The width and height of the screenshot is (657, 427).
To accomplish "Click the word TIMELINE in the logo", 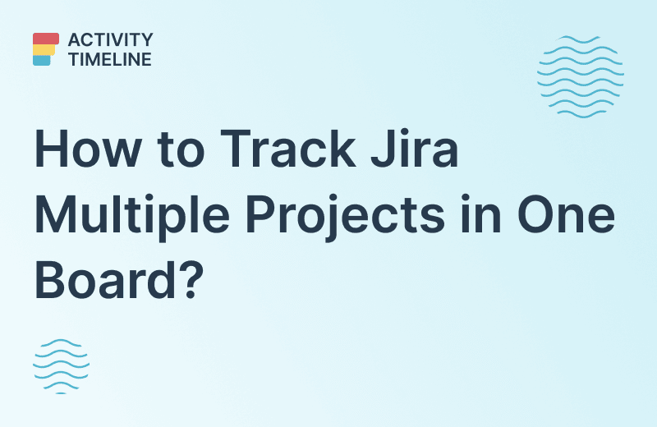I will (x=110, y=59).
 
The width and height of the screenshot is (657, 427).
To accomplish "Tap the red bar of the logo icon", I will (x=46, y=38).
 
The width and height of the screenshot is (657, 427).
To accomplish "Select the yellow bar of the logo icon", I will (x=44, y=49).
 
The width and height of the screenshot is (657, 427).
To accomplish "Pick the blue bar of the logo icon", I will (x=42, y=60).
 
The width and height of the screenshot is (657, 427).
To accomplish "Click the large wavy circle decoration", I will (x=581, y=76).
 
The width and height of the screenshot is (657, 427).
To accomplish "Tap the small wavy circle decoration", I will (x=61, y=365).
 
